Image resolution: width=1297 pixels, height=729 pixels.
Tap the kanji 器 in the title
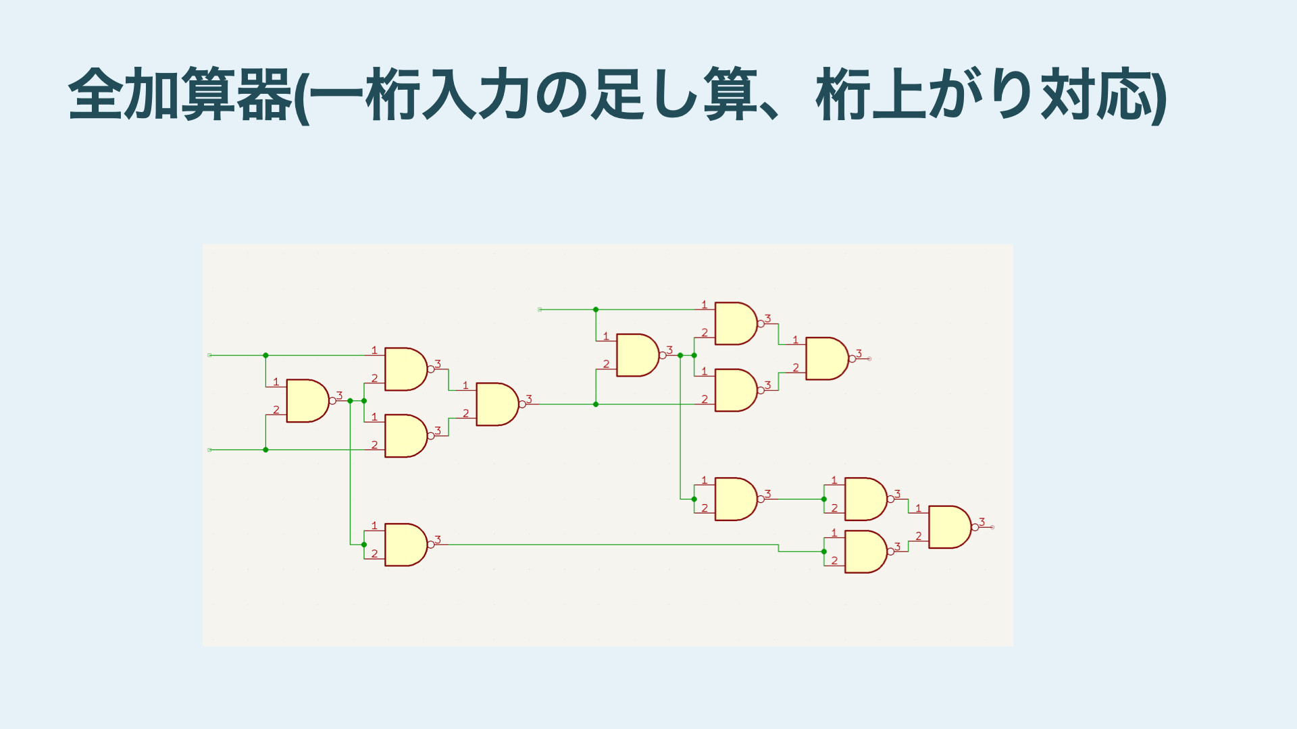(264, 94)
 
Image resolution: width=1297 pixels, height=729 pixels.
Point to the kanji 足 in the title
(618, 94)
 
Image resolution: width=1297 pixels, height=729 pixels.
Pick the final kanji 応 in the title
(1124, 94)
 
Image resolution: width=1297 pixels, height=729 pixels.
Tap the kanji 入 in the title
(450, 94)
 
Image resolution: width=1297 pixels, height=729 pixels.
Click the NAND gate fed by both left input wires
(307, 401)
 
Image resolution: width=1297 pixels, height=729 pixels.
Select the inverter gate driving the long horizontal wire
(405, 545)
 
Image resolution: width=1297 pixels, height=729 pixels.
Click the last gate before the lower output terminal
(949, 527)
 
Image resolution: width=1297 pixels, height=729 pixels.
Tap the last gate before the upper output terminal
(826, 358)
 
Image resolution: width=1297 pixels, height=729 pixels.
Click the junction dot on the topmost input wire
(596, 310)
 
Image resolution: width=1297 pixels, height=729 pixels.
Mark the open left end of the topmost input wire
(540, 310)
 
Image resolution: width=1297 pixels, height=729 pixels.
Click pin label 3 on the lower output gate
(982, 522)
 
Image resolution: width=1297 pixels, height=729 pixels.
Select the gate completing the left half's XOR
(497, 404)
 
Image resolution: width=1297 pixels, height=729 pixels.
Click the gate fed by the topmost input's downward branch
(637, 355)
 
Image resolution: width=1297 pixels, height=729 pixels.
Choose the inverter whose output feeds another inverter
(735, 500)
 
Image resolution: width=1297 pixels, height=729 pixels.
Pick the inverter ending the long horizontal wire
(865, 552)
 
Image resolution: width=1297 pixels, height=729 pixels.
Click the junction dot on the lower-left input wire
(265, 450)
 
